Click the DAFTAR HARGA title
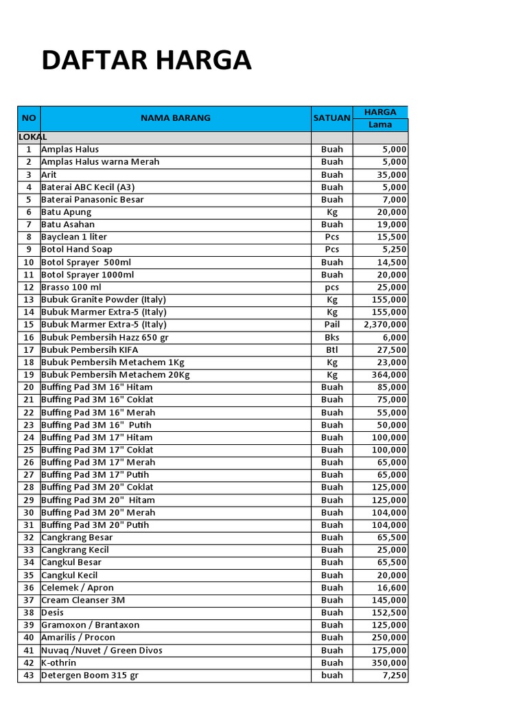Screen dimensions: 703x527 coord(146,61)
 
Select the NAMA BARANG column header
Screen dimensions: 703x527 coord(176,118)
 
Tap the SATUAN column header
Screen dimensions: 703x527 coord(331,118)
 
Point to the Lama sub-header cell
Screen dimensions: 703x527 coord(380,124)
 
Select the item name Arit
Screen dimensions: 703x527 coord(49,174)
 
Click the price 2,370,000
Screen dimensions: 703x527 coord(386,325)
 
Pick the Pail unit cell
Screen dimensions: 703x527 coord(332,325)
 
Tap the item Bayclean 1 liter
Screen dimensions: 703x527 coord(74,237)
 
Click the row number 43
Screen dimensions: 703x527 coord(29,676)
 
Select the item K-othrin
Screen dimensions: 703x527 coord(59,663)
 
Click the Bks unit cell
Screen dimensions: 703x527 coord(332,337)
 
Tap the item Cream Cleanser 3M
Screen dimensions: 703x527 coord(83,600)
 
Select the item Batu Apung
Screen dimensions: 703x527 coord(67,212)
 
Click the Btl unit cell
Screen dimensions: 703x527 coord(332,349)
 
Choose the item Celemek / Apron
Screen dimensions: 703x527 coord(78,588)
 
